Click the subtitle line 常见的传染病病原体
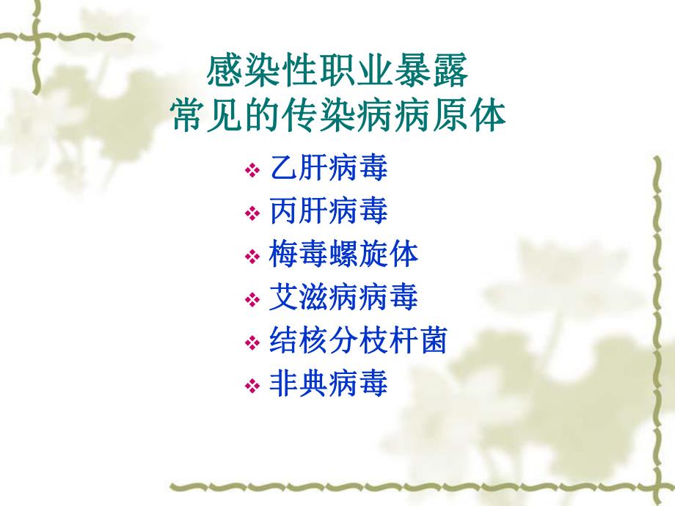point(338,116)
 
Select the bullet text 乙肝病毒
point(329,169)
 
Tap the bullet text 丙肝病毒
point(329,212)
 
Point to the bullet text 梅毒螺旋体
point(343,254)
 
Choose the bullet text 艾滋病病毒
point(343,298)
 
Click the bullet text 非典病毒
point(329,384)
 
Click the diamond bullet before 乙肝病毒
point(252,172)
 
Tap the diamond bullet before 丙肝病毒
point(252,214)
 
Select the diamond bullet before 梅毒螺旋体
point(252,257)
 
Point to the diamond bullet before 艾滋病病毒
point(252,300)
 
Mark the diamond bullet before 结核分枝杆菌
point(252,342)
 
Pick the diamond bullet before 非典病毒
point(252,386)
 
